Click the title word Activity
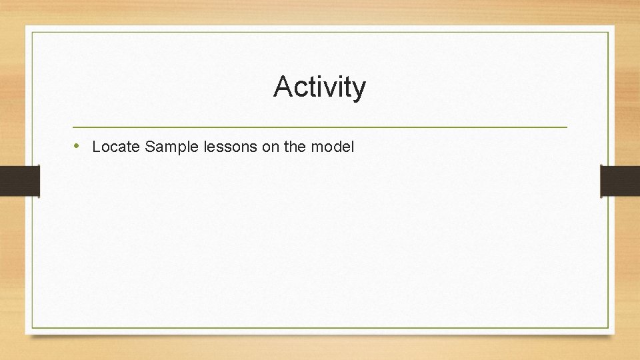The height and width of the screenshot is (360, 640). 319,87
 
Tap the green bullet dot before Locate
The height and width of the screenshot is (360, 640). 77,145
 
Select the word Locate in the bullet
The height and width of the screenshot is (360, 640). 116,147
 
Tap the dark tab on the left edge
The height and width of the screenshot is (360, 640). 20,181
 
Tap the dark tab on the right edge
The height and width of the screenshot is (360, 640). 619,181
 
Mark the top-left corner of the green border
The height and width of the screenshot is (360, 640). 31,32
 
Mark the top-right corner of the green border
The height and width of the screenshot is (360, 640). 608,32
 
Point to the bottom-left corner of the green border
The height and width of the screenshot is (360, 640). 31,327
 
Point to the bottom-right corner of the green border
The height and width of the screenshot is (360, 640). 608,327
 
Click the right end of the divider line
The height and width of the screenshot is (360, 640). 567,127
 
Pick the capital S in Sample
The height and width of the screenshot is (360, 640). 150,147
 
